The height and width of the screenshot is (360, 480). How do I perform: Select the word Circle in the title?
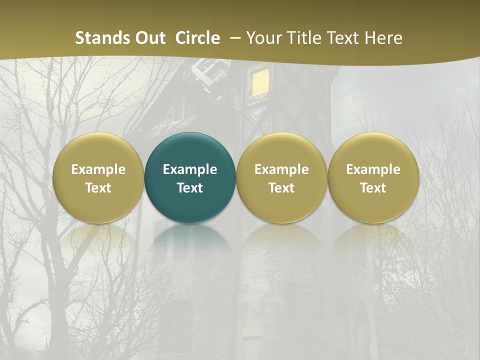coord(197,38)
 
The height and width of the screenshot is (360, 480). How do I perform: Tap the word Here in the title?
coord(383,38)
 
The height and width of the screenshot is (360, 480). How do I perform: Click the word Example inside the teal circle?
coord(190,169)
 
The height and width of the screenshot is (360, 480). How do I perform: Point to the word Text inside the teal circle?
coord(190,188)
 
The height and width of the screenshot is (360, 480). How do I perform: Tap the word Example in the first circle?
coord(98,169)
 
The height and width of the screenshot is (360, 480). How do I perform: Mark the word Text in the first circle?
coord(98,188)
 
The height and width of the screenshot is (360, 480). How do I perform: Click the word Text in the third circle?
coord(281,188)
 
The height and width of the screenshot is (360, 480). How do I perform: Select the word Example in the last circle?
coord(373,169)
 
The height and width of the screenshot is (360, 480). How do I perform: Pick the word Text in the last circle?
coord(373,188)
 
